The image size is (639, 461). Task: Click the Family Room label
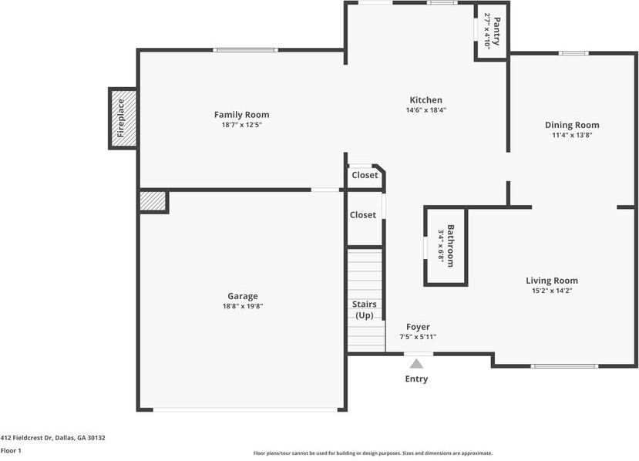pyautogui.click(x=242, y=115)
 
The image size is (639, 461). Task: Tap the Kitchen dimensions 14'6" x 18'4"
pyautogui.click(x=425, y=110)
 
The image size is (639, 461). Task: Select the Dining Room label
pyautogui.click(x=572, y=125)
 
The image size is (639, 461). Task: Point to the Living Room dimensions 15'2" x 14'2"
pyautogui.click(x=552, y=291)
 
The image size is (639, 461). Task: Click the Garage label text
pyautogui.click(x=243, y=296)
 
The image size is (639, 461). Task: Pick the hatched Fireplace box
pyautogui.click(x=123, y=118)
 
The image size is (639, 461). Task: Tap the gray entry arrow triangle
pyautogui.click(x=416, y=364)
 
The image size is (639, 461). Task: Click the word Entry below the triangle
pyautogui.click(x=416, y=379)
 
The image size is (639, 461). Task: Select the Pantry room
pyautogui.click(x=492, y=31)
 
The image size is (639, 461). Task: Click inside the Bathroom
pyautogui.click(x=446, y=246)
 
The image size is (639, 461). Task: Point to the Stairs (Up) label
pyautogui.click(x=365, y=310)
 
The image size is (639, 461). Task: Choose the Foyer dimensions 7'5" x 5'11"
pyautogui.click(x=418, y=337)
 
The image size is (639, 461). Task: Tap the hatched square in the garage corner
pyautogui.click(x=153, y=201)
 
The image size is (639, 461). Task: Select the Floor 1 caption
pyautogui.click(x=11, y=450)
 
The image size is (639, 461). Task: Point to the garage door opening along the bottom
pyautogui.click(x=245, y=409)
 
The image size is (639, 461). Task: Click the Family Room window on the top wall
pyautogui.click(x=245, y=50)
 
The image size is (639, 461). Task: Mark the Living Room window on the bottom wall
pyautogui.click(x=564, y=366)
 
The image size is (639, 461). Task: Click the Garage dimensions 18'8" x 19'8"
pyautogui.click(x=243, y=306)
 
